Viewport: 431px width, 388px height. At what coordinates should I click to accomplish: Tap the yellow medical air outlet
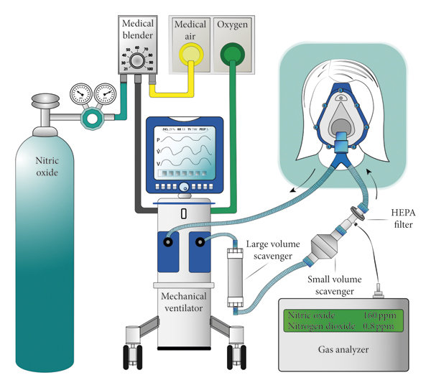pyautogui.click(x=190, y=54)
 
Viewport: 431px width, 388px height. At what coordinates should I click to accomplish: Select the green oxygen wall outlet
pyautogui.click(x=233, y=54)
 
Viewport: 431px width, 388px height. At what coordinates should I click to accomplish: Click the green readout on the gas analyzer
pyautogui.click(x=340, y=321)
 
